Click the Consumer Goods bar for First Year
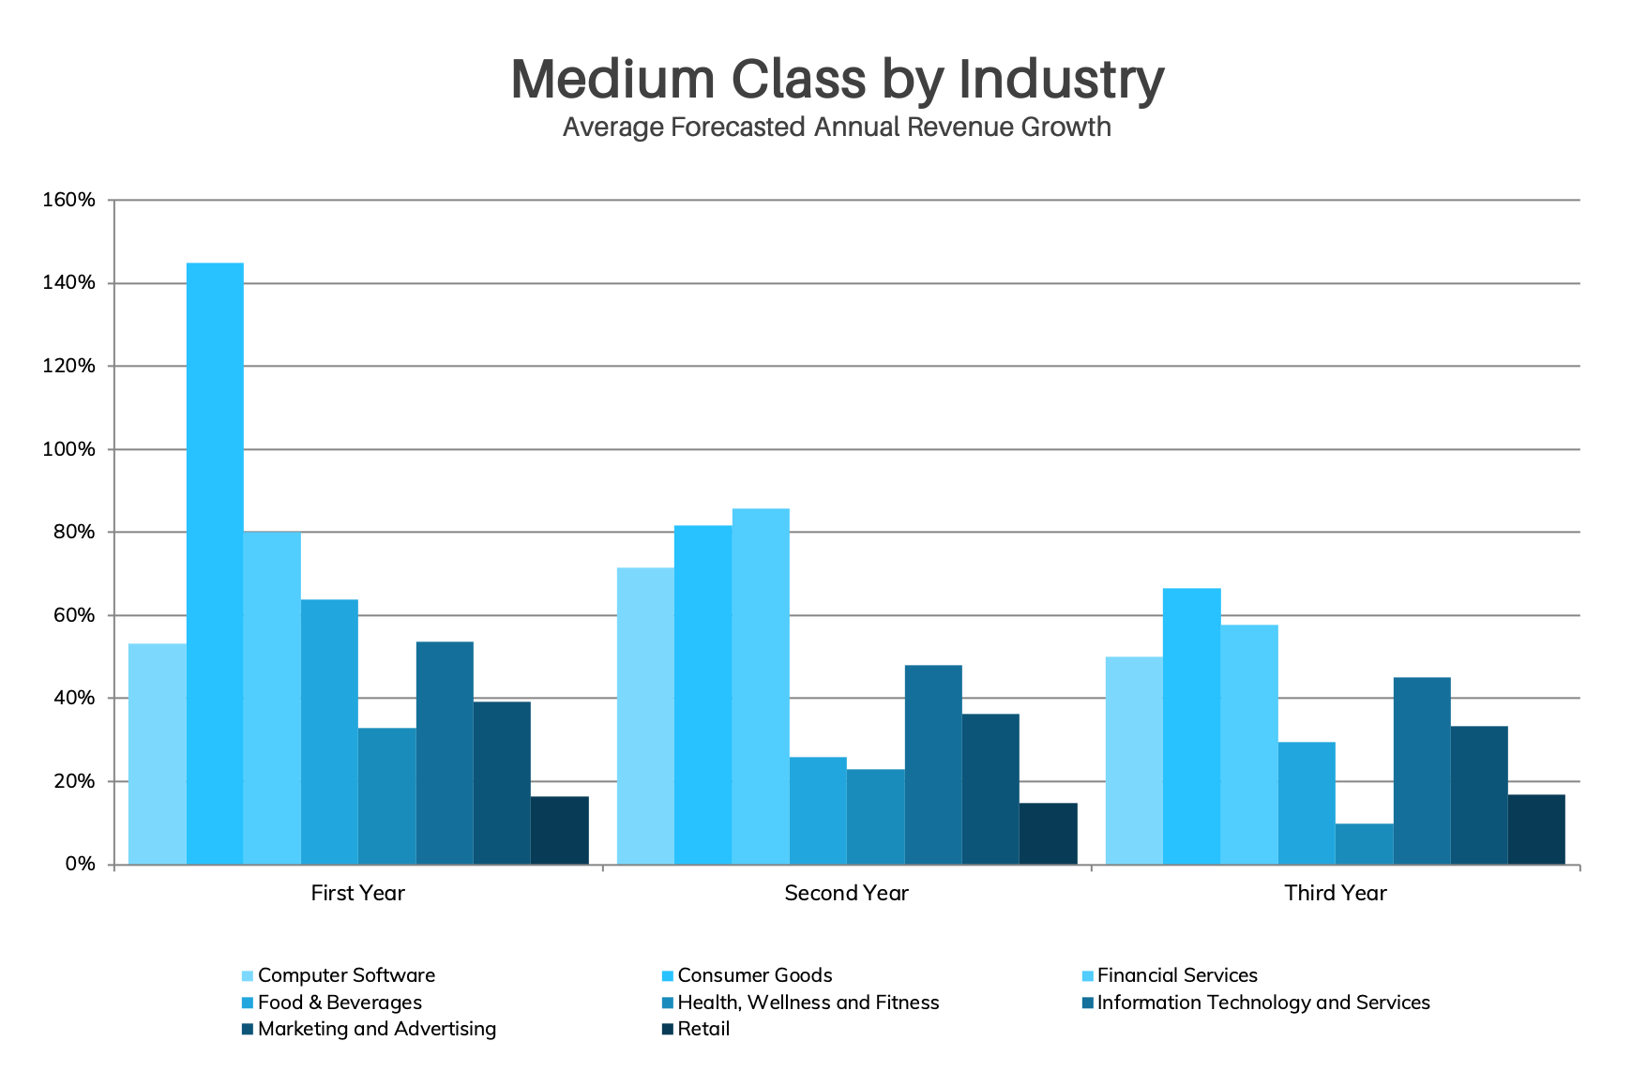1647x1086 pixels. (215, 563)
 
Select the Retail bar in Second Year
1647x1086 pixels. (1048, 833)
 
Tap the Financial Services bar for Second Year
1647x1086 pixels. (761, 686)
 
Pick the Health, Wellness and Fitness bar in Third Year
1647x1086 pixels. (1364, 843)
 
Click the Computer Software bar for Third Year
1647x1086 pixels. (1134, 760)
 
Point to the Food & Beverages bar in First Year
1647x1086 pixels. (329, 732)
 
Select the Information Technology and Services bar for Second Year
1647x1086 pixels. (933, 764)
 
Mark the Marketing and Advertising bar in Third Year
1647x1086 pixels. (1479, 794)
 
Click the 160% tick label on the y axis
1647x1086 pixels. (68, 200)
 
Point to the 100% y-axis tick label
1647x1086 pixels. (68, 449)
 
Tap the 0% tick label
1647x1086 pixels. (80, 864)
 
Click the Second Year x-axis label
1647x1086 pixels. (846, 893)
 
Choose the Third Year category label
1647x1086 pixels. (1335, 893)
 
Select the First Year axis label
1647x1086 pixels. (357, 893)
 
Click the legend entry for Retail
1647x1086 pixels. (703, 1029)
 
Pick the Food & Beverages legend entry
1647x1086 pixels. (340, 1003)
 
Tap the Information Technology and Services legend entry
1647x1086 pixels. (1262, 1003)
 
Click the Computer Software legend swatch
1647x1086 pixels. (248, 976)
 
